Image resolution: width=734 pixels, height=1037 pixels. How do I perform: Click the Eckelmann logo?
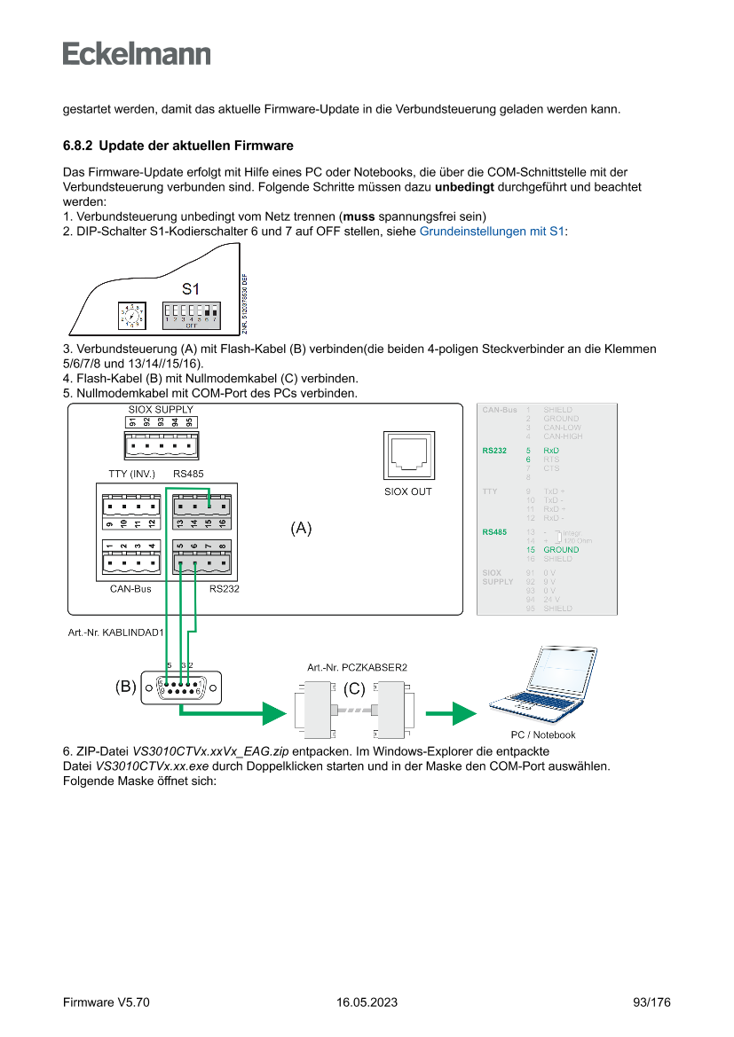tap(137, 53)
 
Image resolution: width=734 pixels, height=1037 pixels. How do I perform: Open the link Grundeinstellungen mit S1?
tap(492, 232)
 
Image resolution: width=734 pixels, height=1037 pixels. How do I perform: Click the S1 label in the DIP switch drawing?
tap(191, 289)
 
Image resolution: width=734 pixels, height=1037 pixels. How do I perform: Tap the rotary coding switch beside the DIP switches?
tap(131, 315)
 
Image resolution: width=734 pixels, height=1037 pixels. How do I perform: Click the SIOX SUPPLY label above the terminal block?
tap(161, 409)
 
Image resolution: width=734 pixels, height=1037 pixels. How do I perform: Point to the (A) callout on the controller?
tap(302, 529)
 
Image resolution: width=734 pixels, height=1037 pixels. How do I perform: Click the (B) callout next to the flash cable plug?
tap(125, 687)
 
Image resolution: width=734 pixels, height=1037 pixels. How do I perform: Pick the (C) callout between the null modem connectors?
tap(354, 688)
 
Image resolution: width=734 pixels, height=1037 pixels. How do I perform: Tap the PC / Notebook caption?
tap(543, 735)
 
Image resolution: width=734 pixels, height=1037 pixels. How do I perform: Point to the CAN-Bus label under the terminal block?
tap(130, 588)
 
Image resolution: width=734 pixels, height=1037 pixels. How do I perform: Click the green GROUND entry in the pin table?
tap(561, 550)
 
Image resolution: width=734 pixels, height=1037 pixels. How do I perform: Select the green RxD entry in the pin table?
tap(551, 451)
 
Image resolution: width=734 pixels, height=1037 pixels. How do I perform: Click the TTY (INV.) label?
tap(131, 474)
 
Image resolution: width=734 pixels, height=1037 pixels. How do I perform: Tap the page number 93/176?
tap(651, 1002)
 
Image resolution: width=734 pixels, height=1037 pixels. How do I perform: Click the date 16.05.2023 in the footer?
tap(367, 1002)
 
